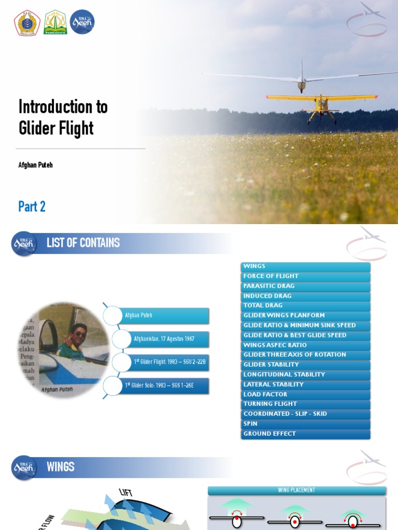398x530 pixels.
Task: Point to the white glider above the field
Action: pos(302,80)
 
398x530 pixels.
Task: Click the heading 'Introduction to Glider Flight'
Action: pos(63,117)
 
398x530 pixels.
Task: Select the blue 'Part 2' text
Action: pos(32,207)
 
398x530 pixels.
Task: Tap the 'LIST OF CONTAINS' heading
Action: pos(83,243)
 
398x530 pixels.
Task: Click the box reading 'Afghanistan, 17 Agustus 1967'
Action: pos(164,339)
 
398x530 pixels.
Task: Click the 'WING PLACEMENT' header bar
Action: pos(297,490)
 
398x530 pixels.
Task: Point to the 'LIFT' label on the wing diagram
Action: pos(126,492)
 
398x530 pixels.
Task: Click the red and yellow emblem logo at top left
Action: pos(27,23)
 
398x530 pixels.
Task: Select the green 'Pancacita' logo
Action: pos(55,23)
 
